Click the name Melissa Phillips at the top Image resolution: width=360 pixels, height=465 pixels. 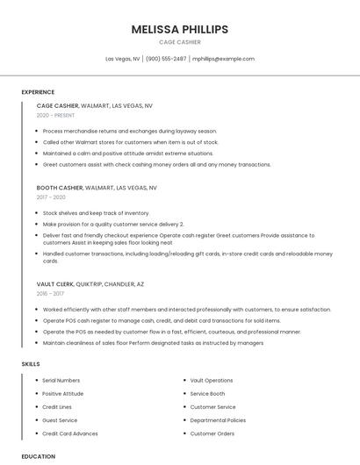pyautogui.click(x=179, y=29)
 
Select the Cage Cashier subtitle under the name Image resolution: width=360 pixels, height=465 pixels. pyautogui.click(x=179, y=42)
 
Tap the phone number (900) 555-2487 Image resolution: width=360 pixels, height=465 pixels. pyautogui.click(x=166, y=59)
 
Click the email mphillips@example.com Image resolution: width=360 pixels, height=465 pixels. pyautogui.click(x=223, y=59)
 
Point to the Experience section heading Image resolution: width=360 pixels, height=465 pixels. pyautogui.click(x=38, y=92)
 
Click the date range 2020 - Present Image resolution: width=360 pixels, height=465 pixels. pyautogui.click(x=55, y=115)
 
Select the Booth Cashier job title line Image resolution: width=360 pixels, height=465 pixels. pyautogui.click(x=97, y=188)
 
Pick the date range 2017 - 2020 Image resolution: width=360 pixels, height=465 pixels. pyautogui.click(x=51, y=197)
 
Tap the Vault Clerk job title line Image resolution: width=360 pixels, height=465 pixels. pyautogui.click(x=90, y=284)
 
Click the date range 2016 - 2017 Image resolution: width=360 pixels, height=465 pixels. pyautogui.click(x=51, y=294)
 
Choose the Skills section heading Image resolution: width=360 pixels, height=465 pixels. pyautogui.click(x=31, y=363)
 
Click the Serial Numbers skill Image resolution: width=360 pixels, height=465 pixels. pyautogui.click(x=61, y=381)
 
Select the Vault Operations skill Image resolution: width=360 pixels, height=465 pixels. pyautogui.click(x=212, y=381)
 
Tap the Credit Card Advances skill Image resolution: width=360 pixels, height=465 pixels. pyautogui.click(x=70, y=433)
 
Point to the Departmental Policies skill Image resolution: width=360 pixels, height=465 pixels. pyautogui.click(x=218, y=420)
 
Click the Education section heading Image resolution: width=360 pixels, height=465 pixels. pyautogui.click(x=38, y=456)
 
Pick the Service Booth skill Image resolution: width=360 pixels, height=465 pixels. pyautogui.click(x=207, y=394)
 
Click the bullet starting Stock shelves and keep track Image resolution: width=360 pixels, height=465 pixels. pyautogui.click(x=96, y=213)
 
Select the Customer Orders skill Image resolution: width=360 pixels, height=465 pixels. pyautogui.click(x=212, y=433)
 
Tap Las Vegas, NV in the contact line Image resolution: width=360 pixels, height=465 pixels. pyautogui.click(x=123, y=59)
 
